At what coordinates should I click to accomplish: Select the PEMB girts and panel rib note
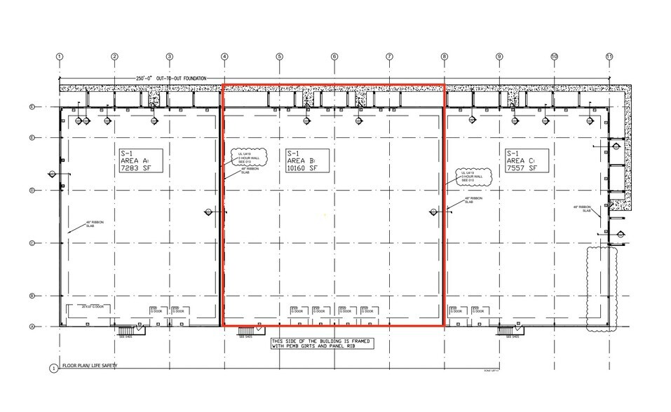click(321, 343)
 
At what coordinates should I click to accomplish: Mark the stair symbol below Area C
click(507, 330)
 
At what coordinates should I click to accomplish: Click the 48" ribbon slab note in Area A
click(94, 224)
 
